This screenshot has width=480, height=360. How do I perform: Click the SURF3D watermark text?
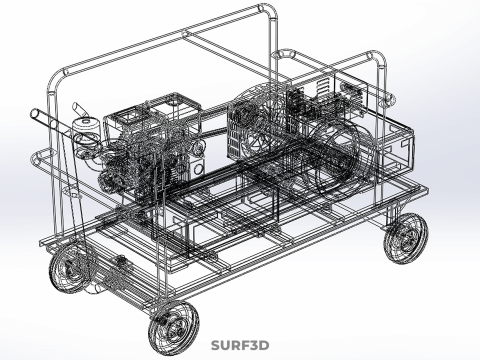(240, 345)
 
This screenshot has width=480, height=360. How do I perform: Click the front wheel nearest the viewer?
(173, 327)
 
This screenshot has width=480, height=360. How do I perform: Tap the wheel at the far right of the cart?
(406, 238)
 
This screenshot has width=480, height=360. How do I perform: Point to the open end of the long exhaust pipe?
(35, 114)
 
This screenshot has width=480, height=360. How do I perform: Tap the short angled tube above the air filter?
(79, 109)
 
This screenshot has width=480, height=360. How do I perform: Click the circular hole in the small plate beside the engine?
(198, 169)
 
